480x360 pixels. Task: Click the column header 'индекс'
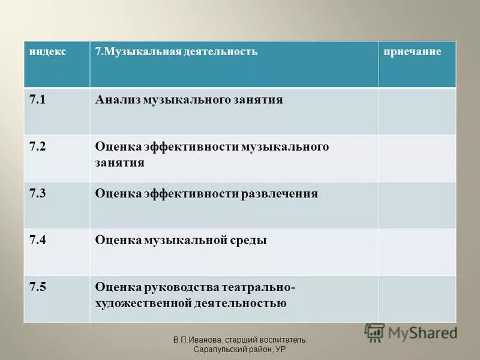pyautogui.click(x=48, y=52)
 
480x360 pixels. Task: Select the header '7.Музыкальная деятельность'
pyautogui.click(x=176, y=52)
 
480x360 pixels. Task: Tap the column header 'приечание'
pyautogui.click(x=413, y=52)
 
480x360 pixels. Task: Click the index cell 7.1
pyautogui.click(x=37, y=100)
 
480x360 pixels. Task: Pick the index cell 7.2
pyautogui.click(x=37, y=147)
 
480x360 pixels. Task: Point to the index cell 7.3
pyautogui.click(x=37, y=194)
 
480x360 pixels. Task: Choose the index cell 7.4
pyautogui.click(x=37, y=241)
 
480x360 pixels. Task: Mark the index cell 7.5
pyautogui.click(x=37, y=287)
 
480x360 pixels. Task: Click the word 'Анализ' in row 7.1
pyautogui.click(x=117, y=100)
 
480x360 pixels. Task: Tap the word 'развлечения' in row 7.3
pyautogui.click(x=280, y=194)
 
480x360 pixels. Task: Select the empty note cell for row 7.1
pyautogui.click(x=416, y=111)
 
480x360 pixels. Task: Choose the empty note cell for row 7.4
pyautogui.click(x=416, y=252)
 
